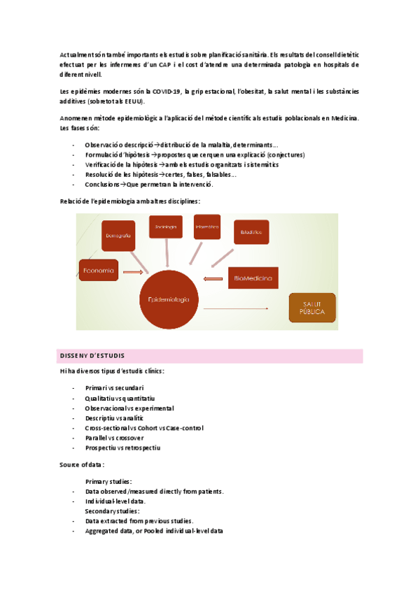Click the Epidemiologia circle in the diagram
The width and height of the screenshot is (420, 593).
(169, 299)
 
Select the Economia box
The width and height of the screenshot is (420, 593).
(99, 269)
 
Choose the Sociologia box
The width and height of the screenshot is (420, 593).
(165, 227)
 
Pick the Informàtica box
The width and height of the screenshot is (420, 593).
(206, 227)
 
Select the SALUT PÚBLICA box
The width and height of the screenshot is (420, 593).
(312, 308)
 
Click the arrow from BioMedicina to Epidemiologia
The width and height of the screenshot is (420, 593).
(211, 279)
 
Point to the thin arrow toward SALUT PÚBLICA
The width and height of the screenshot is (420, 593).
(237, 308)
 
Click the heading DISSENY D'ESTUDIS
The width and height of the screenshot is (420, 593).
(92, 356)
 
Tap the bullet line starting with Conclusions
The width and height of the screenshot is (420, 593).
(148, 184)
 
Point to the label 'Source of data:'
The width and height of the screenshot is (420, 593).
(83, 464)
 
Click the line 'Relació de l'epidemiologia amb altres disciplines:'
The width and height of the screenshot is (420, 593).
(130, 201)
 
